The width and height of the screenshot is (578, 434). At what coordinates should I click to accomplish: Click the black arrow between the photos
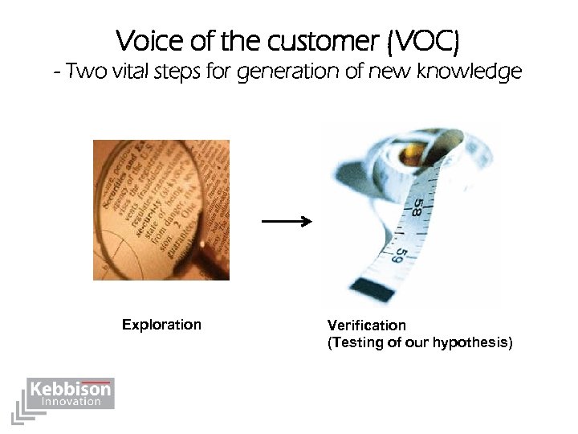click(x=287, y=221)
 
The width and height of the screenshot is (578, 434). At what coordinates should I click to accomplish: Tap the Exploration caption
click(x=161, y=325)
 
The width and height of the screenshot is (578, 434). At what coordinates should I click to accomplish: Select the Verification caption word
click(x=366, y=325)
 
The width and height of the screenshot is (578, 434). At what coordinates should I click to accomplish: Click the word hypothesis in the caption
click(x=469, y=343)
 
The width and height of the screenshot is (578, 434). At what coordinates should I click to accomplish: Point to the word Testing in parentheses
click(x=356, y=343)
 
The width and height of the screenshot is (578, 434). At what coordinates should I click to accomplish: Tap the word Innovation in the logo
click(x=71, y=401)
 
